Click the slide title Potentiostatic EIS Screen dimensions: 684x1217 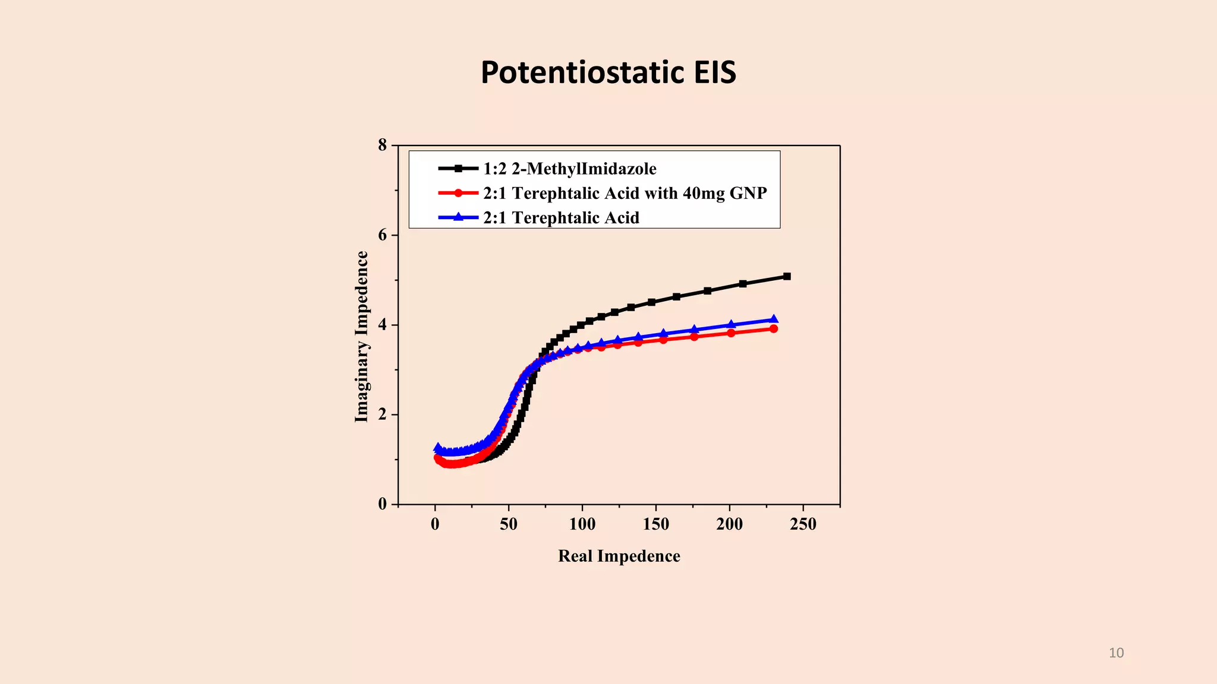(608, 72)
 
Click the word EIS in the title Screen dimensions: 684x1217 (705, 72)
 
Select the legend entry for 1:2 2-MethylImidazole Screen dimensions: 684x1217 (569, 169)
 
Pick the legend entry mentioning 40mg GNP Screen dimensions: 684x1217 (625, 193)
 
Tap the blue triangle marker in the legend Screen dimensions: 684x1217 (458, 217)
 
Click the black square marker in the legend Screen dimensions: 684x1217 (458, 169)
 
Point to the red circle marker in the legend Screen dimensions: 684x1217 (458, 193)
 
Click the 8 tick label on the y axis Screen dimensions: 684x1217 (382, 145)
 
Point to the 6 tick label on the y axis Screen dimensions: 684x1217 (382, 235)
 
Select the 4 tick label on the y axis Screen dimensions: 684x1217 (382, 325)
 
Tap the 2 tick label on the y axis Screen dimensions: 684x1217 (382, 414)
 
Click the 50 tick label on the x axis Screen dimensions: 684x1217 (509, 524)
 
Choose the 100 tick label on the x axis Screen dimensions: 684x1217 (582, 524)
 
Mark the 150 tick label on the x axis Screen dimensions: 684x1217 (655, 524)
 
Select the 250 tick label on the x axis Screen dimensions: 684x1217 (803, 524)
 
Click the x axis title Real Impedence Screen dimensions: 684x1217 (619, 556)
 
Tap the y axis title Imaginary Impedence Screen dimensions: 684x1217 (361, 337)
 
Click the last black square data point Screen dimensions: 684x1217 (787, 276)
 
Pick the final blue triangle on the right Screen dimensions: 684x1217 (774, 319)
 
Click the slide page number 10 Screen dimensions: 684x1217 (1116, 653)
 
